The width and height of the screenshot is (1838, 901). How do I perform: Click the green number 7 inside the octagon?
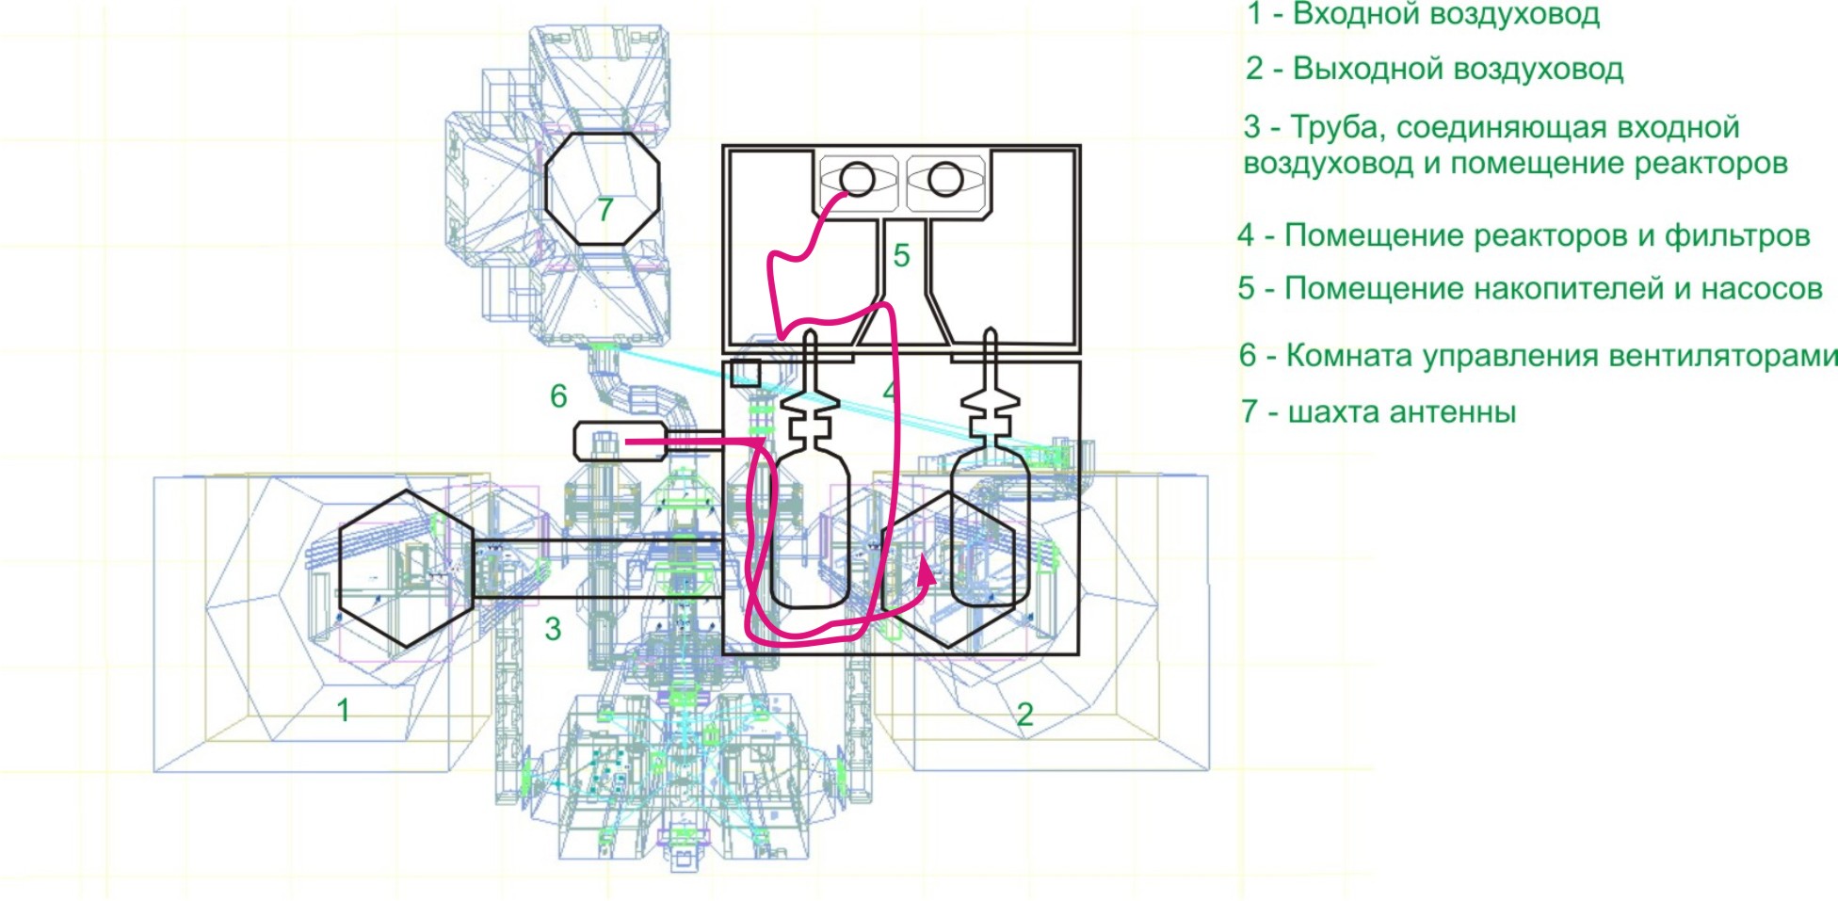605,208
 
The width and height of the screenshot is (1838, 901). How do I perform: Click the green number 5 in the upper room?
901,255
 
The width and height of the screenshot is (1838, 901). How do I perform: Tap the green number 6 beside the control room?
558,396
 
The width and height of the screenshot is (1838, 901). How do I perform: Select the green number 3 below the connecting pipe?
553,629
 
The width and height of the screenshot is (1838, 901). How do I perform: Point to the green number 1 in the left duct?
344,710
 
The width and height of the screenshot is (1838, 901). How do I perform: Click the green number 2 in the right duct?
1024,714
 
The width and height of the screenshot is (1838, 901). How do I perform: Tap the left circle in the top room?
857,179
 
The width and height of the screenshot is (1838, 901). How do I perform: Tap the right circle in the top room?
944,179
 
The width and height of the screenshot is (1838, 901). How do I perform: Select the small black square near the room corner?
745,372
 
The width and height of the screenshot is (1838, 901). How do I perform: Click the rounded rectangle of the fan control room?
620,442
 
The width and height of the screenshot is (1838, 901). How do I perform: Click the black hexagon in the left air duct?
406,569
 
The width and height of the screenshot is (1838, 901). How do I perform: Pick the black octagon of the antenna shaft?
603,188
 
